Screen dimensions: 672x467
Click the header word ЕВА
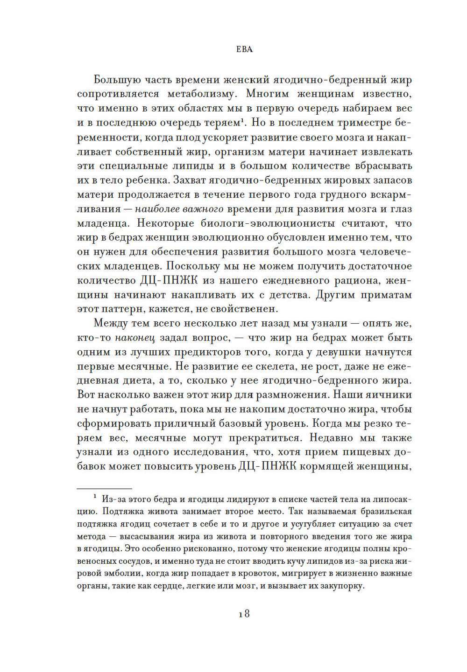tap(244, 49)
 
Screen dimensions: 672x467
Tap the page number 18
tap(244, 614)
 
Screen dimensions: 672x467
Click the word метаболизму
tap(201, 94)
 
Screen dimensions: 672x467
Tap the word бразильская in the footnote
tap(386, 512)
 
